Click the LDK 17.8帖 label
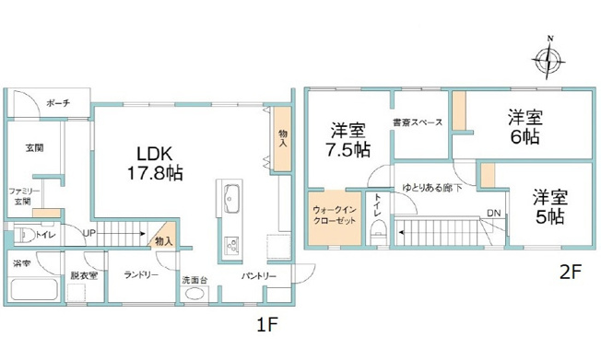click(x=156, y=162)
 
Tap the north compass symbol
click(x=548, y=60)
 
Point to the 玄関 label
click(x=34, y=147)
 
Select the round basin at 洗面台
click(x=194, y=295)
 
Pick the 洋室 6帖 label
click(x=526, y=127)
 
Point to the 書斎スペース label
click(x=417, y=122)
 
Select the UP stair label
click(x=90, y=233)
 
